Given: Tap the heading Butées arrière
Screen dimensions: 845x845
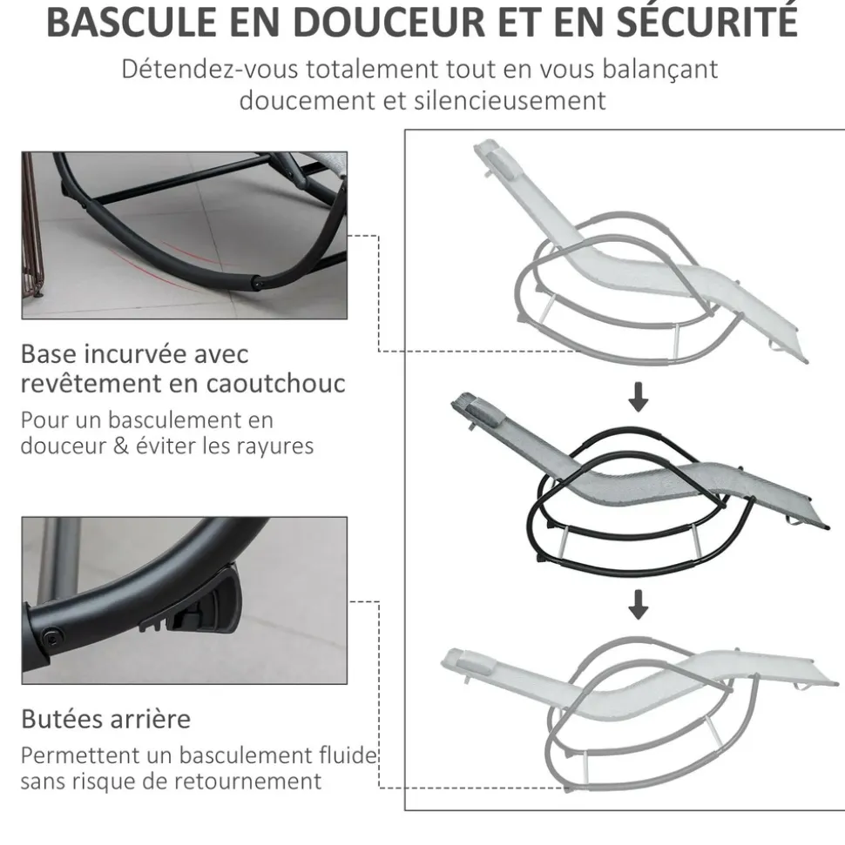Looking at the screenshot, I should [x=105, y=720].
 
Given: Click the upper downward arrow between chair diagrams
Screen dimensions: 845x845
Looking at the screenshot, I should [x=639, y=398].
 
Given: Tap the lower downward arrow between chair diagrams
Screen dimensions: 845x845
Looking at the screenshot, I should [x=639, y=604].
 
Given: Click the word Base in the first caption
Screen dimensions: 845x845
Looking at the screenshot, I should [x=49, y=354].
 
